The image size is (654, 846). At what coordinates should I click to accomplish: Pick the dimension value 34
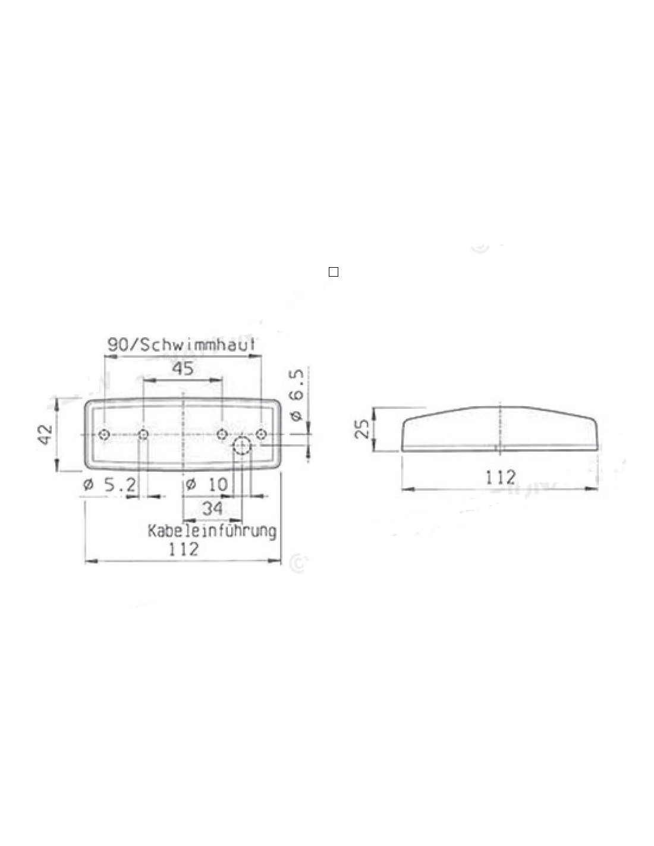point(212,508)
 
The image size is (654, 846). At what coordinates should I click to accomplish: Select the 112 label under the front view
point(183,549)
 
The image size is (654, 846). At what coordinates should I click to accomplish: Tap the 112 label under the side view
point(501,478)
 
